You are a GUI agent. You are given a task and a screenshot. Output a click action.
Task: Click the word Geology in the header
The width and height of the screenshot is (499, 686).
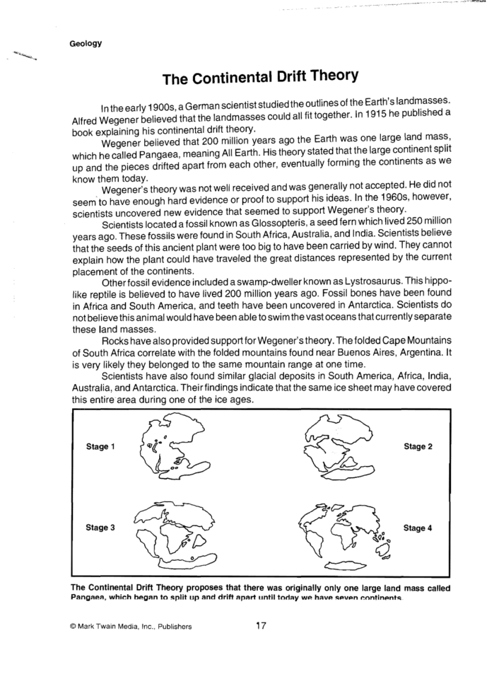pos(86,43)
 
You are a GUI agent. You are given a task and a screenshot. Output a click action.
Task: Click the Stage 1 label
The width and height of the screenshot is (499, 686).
pos(100,447)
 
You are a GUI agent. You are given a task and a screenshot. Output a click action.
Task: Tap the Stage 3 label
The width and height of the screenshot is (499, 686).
pos(100,528)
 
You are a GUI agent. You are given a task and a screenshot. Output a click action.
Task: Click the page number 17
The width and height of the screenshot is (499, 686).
pos(260,625)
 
